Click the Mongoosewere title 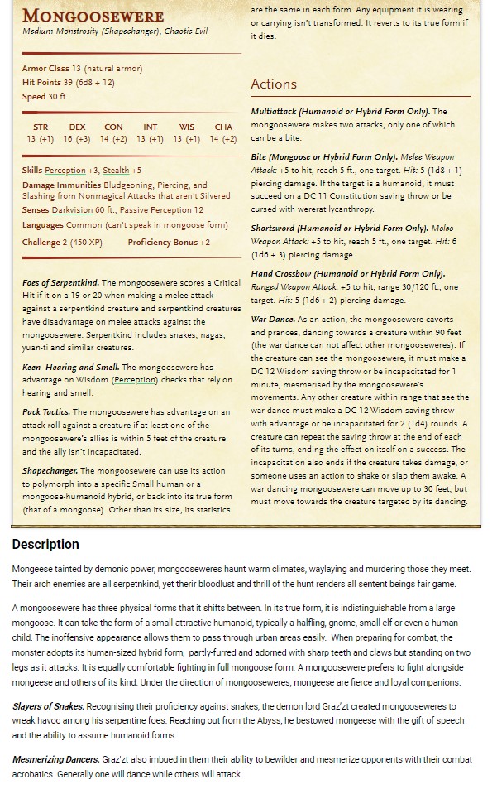pyautogui.click(x=93, y=16)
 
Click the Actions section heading pyautogui.click(x=273, y=84)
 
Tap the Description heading pyautogui.click(x=45, y=544)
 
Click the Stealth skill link pyautogui.click(x=115, y=170)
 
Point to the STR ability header pyautogui.click(x=40, y=127)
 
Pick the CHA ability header pyautogui.click(x=223, y=127)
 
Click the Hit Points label pyautogui.click(x=41, y=82)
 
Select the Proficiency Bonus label pyautogui.click(x=163, y=242)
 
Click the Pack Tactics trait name pyautogui.click(x=45, y=411)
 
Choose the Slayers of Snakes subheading pyautogui.click(x=47, y=705)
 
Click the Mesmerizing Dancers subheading pyautogui.click(x=55, y=758)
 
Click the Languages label pyautogui.click(x=43, y=224)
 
